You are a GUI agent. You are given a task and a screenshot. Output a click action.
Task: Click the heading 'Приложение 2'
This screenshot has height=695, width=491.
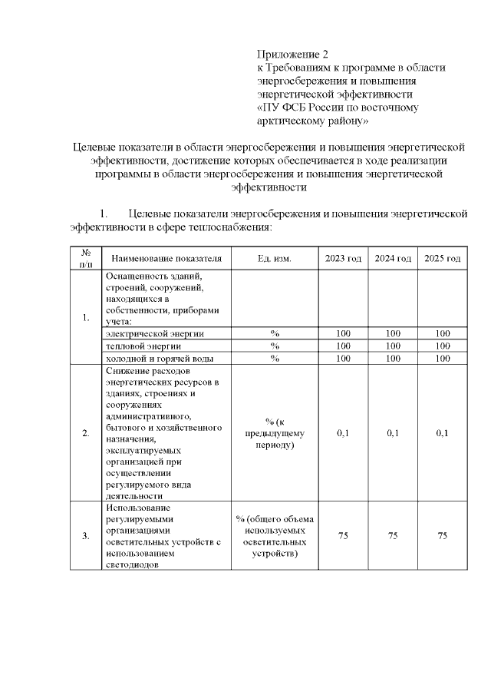pyautogui.click(x=292, y=55)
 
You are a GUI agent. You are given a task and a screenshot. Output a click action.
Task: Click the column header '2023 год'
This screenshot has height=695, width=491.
pyautogui.click(x=343, y=259)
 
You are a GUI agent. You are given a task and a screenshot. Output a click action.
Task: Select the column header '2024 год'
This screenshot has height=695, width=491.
pyautogui.click(x=393, y=259)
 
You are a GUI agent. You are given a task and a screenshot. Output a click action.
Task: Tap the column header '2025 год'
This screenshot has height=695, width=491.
pyautogui.click(x=442, y=259)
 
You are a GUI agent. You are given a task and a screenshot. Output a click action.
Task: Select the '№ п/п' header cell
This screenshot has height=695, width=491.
pyautogui.click(x=86, y=259)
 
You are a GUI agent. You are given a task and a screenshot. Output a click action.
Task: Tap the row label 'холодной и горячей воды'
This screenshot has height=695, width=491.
pyautogui.click(x=158, y=358)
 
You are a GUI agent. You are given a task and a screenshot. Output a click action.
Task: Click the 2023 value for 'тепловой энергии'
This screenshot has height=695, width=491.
pyautogui.click(x=343, y=346)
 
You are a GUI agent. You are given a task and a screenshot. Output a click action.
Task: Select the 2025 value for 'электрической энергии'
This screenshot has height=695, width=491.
pyautogui.click(x=442, y=333)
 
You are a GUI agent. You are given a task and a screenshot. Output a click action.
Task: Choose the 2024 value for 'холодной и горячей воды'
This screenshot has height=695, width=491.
pyautogui.click(x=393, y=358)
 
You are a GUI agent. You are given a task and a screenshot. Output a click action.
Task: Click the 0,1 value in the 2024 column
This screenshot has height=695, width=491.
pyautogui.click(x=393, y=433)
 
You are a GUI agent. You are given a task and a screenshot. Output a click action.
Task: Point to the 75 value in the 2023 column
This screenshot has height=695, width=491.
pyautogui.click(x=343, y=535)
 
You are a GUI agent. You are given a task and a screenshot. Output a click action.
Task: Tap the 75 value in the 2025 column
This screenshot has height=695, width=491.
pyautogui.click(x=442, y=535)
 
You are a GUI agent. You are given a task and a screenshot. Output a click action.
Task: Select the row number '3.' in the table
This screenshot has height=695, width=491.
pyautogui.click(x=86, y=535)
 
